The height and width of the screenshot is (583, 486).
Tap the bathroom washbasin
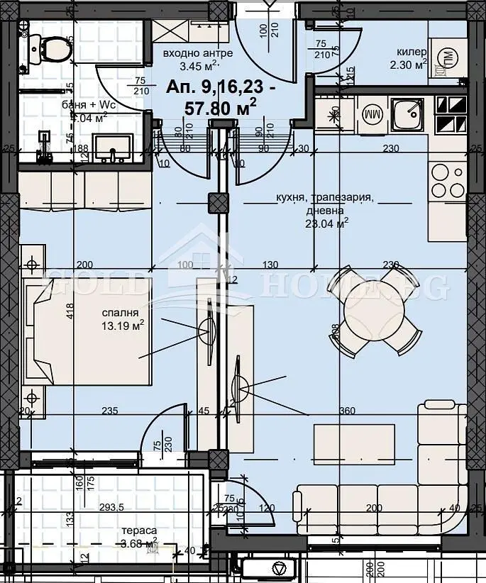click(113, 148)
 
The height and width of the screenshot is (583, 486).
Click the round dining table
click(374, 309)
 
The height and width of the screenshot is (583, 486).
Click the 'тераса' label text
click(138, 531)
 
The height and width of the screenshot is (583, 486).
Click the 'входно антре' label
click(191, 54)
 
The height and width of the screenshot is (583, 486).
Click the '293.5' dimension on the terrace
click(112, 508)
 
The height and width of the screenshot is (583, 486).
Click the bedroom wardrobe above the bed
click(85, 191)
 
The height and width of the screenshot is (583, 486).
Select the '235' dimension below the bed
click(109, 410)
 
